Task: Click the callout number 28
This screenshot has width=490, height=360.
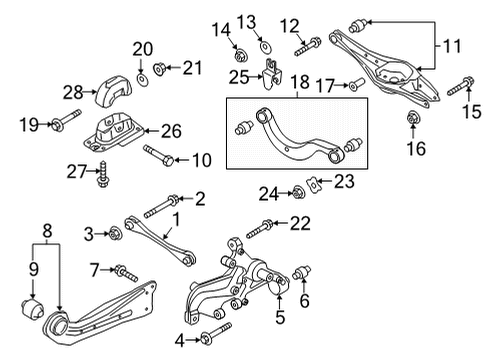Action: point(73,92)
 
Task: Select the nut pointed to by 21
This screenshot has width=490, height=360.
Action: point(159,69)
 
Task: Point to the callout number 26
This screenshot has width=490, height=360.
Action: point(171,131)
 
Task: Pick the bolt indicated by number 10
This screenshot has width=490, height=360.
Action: point(159,155)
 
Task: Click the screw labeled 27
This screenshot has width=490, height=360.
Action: point(103,174)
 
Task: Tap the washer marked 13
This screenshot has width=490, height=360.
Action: point(266,47)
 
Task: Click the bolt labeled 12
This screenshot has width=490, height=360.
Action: point(308,47)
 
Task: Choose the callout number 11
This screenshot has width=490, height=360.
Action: point(452,46)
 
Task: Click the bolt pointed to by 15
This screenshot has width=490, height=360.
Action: point(461,86)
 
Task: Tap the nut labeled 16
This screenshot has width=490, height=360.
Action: point(413,117)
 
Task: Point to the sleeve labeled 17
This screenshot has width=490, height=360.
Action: point(357,84)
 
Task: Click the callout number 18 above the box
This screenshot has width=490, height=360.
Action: point(300,82)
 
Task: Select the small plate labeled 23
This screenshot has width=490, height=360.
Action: point(314,184)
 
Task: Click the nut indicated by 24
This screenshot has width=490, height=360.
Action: point(297,193)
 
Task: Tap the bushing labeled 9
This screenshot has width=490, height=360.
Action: point(32,309)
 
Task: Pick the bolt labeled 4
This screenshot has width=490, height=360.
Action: point(216,334)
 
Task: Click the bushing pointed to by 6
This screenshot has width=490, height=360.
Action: point(301,273)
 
